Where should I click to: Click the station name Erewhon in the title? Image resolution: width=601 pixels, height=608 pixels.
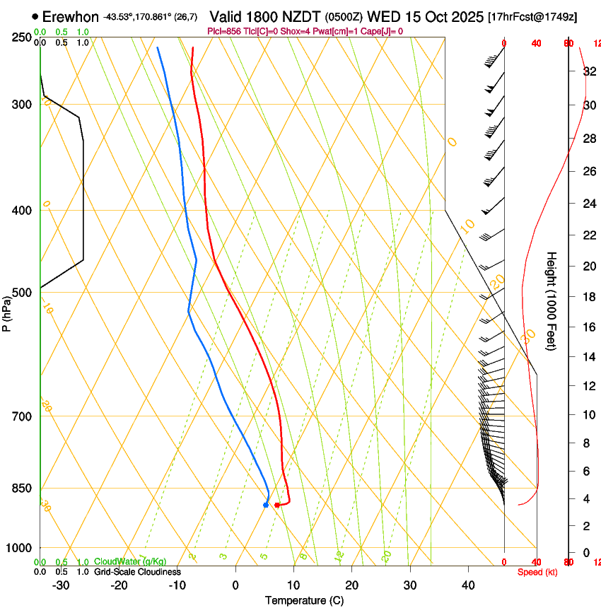pos(70,16)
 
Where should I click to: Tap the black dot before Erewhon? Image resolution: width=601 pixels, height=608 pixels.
pos(35,16)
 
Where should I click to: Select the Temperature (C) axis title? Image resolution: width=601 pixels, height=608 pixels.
pos(304,600)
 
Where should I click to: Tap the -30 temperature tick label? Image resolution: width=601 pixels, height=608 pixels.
pos(60,585)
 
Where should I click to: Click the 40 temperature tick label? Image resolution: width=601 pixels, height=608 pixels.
pos(468,585)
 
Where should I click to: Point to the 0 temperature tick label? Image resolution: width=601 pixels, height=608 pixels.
pos(236,585)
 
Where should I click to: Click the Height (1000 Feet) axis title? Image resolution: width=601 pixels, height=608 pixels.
pos(552,301)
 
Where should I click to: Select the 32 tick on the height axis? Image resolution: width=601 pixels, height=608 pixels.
pos(588,71)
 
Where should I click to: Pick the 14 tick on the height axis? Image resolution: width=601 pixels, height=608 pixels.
pos(588,357)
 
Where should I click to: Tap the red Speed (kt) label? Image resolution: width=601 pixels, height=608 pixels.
pos(537,572)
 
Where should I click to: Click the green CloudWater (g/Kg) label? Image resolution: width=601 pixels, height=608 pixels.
pos(131,562)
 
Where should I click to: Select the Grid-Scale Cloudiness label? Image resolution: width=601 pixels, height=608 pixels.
pos(137,572)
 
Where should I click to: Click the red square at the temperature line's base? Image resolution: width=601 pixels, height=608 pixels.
pos(277,505)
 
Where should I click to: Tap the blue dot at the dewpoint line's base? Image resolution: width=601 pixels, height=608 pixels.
pos(266,505)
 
